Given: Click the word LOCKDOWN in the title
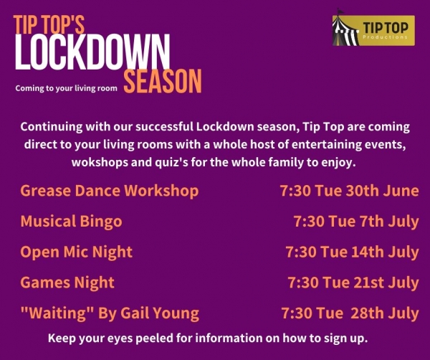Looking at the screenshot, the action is point(92,52).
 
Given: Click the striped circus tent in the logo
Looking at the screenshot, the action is point(346,31).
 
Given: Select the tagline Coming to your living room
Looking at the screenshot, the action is point(67,88).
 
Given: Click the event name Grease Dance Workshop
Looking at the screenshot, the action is point(110,191).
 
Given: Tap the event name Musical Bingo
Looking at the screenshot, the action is point(71,221).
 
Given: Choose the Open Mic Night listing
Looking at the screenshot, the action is point(77,252).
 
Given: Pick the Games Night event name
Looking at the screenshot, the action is point(67,283).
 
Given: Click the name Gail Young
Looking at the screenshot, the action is point(160,313).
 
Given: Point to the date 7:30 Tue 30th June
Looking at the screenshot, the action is point(350,191).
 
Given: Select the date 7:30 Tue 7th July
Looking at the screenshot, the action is point(356,221).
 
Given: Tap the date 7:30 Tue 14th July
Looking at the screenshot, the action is point(353,252).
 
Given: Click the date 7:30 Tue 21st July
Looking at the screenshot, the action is point(353,283).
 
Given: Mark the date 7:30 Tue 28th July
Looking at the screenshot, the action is point(350,313).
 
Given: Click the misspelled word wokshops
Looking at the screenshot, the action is point(100,162).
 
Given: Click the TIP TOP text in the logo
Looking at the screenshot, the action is point(386,28).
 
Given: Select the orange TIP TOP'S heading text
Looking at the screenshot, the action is point(49,24).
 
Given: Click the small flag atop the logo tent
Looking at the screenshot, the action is point(340,11).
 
